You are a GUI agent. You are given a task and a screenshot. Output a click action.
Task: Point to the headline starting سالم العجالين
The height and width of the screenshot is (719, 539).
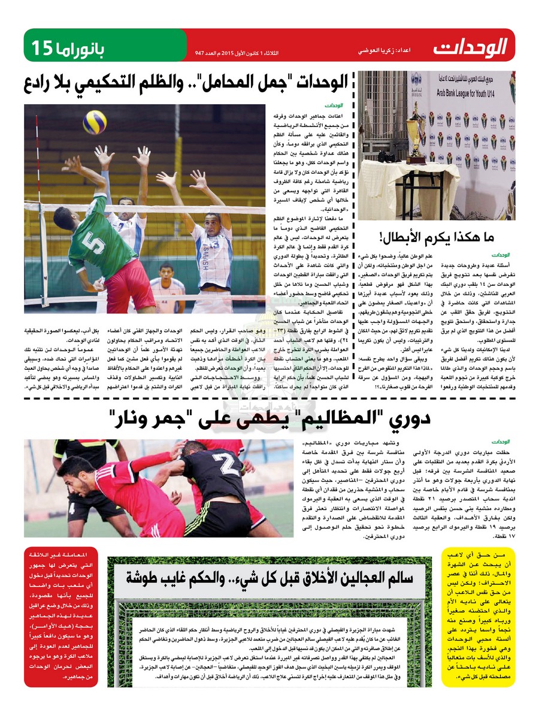coord(269,578)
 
